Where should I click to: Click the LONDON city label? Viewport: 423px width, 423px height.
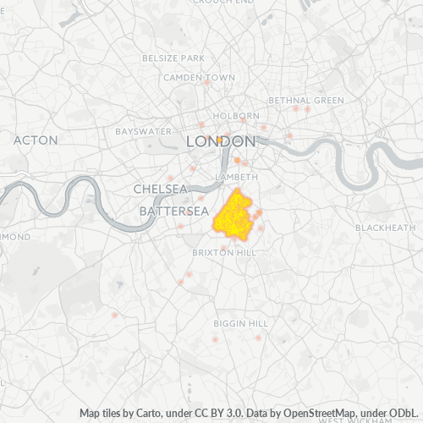(220, 141)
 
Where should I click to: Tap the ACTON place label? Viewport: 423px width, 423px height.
(36, 140)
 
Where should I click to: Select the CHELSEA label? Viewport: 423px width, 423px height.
(160, 188)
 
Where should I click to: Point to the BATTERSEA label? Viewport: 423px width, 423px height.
(173, 210)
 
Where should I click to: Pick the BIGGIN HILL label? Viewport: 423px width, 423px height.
(240, 324)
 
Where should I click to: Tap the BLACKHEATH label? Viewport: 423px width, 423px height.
(385, 228)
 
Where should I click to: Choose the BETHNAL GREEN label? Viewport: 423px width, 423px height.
(306, 100)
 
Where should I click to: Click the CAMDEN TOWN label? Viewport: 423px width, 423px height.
(199, 77)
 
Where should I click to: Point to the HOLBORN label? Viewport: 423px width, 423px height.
(237, 116)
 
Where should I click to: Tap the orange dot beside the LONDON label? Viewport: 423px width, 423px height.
(219, 140)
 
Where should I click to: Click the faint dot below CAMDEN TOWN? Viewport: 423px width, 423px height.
(206, 84)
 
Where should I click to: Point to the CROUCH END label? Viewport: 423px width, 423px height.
(223, 3)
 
